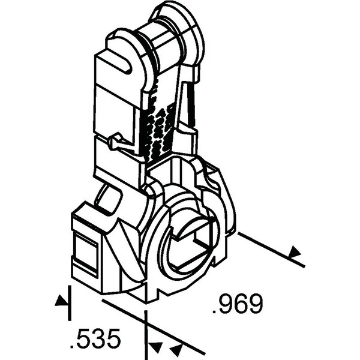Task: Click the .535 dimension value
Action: point(95,338)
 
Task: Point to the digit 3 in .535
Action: point(95,338)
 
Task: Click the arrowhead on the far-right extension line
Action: point(295,251)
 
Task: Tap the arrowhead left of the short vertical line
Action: point(61,301)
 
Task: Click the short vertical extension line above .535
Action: point(70,303)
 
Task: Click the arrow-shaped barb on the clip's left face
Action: point(116,142)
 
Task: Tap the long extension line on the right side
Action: point(271,250)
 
